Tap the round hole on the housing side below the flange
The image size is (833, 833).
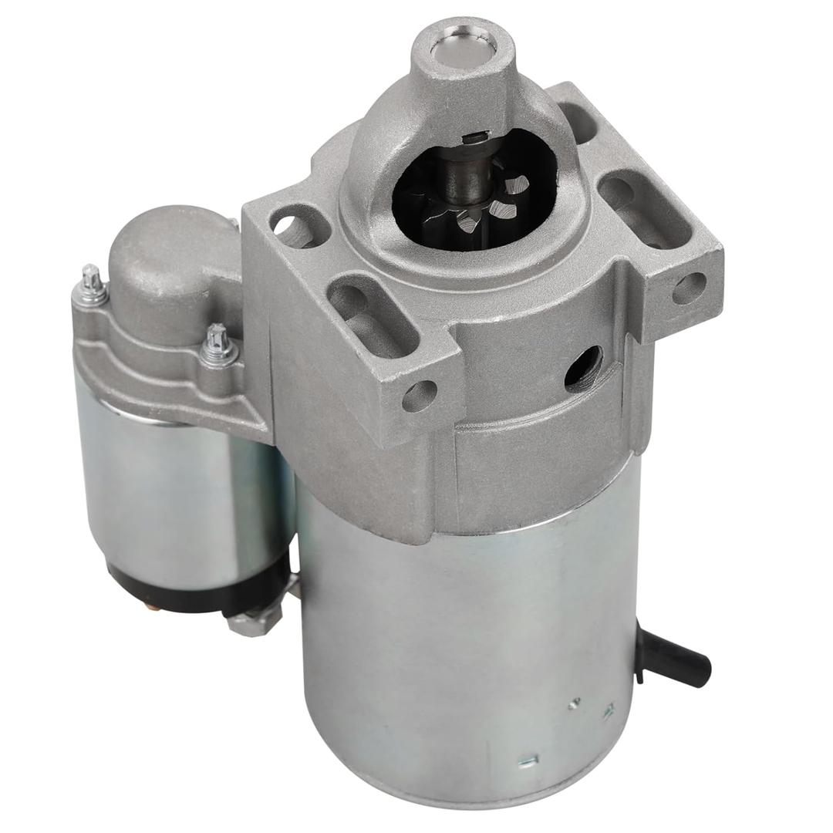(583, 368)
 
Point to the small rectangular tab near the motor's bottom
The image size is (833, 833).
(528, 760)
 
